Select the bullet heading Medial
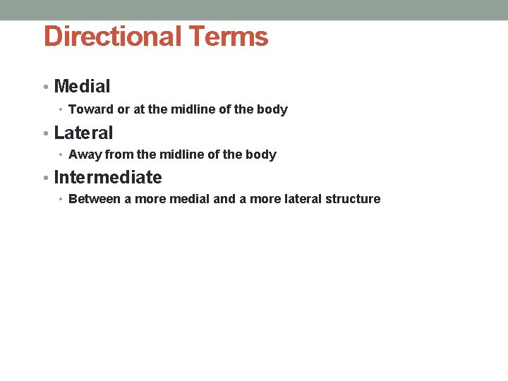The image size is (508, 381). pos(82,87)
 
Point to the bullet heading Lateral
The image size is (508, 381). pos(83,132)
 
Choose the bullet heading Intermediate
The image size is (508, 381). pos(108,177)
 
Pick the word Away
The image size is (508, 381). pos(85,155)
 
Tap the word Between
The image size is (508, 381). pos(95,199)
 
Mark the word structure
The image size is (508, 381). pos(352,199)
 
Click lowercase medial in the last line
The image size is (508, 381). pos(191,199)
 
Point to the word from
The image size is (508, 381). pos(119,155)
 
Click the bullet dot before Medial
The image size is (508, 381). pos(45,87)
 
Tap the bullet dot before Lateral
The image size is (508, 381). pos(45,133)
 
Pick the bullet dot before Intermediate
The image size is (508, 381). pos(45,178)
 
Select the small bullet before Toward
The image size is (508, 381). pos(61,110)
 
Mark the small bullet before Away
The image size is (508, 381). pos(61,155)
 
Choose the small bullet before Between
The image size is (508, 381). pos(61,200)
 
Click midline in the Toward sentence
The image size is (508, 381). pos(190,109)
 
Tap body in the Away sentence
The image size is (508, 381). pos(262,155)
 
